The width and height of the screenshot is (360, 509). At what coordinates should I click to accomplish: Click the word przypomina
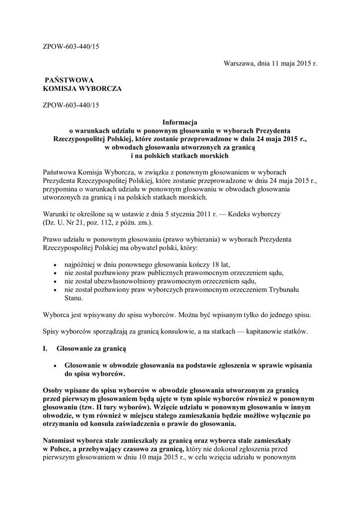pyautogui.click(x=60, y=189)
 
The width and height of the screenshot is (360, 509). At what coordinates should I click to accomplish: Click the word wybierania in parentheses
pyautogui.click(x=183, y=239)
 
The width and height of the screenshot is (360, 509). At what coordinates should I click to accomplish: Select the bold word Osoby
pyautogui.click(x=54, y=391)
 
